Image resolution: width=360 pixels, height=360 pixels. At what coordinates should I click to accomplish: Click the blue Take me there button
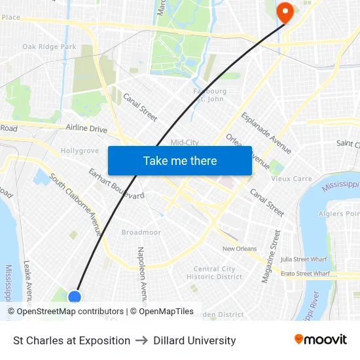pos(180,161)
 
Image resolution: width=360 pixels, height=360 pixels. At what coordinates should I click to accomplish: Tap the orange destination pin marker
pos(285,12)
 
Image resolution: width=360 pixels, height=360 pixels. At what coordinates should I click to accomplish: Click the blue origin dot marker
pos(75,297)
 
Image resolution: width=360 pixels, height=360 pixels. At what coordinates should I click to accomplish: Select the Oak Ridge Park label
pos(49,47)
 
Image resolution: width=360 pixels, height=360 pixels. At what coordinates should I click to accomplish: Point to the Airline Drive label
pos(86,129)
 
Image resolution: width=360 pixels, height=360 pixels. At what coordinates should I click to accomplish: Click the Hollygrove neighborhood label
pos(79,151)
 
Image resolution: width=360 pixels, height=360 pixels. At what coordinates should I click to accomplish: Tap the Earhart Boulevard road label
pos(117,184)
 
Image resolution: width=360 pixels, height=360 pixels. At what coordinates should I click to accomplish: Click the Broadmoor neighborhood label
pos(141,232)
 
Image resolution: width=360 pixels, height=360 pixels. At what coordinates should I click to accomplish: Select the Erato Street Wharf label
pos(305,273)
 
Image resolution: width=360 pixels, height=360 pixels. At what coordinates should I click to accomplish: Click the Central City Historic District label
pos(215,273)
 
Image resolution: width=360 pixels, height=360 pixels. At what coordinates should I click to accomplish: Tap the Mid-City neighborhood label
pos(184,143)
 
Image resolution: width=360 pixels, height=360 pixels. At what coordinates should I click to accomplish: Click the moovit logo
pos(320,340)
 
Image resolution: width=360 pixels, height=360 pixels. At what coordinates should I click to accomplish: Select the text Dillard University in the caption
pos(194,340)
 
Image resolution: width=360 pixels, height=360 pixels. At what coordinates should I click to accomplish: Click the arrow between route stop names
pos(141,340)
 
